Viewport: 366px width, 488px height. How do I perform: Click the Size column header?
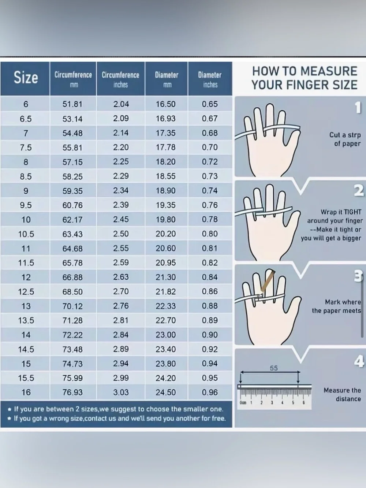(x=26, y=78)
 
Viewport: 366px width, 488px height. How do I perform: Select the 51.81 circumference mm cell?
(x=72, y=104)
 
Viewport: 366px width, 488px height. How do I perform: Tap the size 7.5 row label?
(x=26, y=148)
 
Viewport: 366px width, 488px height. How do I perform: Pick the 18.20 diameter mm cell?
(x=165, y=162)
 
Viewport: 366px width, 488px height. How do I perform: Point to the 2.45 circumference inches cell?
(x=121, y=219)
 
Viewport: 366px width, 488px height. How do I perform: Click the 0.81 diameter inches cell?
(x=210, y=248)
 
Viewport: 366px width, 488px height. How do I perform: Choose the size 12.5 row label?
(x=26, y=292)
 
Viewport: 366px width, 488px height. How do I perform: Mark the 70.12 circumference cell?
(x=72, y=306)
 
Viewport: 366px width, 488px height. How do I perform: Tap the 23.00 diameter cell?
(x=165, y=335)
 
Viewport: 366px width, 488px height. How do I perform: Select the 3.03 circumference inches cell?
(x=121, y=392)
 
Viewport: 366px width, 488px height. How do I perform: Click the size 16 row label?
(x=26, y=392)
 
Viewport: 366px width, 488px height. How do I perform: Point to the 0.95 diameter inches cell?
(x=210, y=378)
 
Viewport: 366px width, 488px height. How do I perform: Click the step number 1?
(x=358, y=108)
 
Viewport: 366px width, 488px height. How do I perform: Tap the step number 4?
(x=359, y=361)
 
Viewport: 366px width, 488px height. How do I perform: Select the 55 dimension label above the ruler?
(x=274, y=368)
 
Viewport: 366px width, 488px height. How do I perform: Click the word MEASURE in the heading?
(x=329, y=71)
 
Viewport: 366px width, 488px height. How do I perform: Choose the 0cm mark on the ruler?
(x=243, y=403)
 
